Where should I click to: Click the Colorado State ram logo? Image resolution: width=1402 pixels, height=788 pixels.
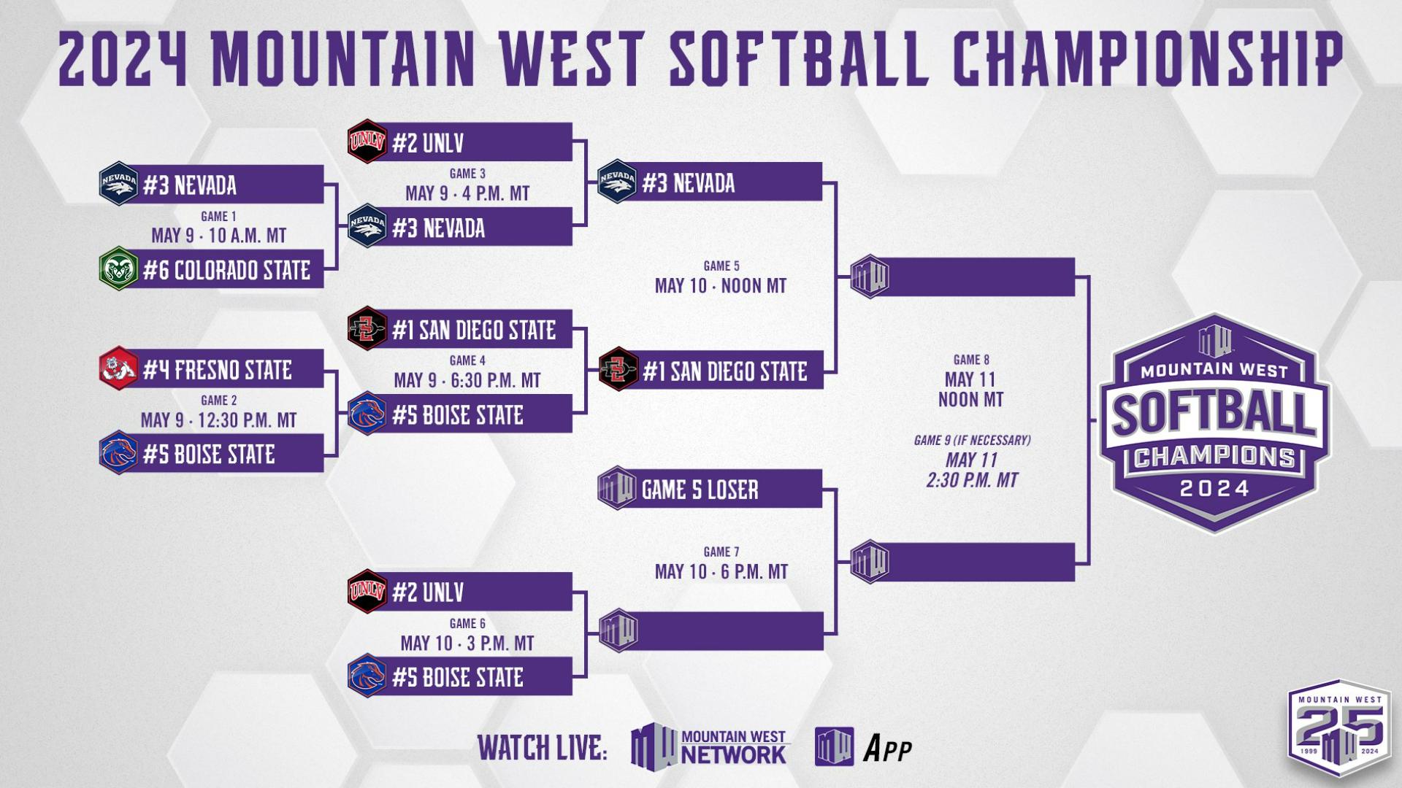pyautogui.click(x=118, y=270)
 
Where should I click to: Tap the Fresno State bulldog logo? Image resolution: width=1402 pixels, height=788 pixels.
pyautogui.click(x=118, y=369)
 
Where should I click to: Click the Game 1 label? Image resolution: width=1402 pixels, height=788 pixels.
pyautogui.click(x=218, y=216)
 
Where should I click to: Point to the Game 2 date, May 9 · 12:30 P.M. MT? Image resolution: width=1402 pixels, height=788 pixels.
pyautogui.click(x=218, y=420)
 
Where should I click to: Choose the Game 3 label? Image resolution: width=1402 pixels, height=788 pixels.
pyautogui.click(x=467, y=174)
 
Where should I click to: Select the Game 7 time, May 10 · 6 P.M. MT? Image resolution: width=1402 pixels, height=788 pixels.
pyautogui.click(x=721, y=571)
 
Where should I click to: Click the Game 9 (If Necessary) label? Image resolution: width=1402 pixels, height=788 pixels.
pyautogui.click(x=972, y=440)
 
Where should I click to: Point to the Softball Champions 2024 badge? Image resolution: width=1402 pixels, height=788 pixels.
pyautogui.click(x=1214, y=423)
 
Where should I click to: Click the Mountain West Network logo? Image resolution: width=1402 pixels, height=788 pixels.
pyautogui.click(x=708, y=746)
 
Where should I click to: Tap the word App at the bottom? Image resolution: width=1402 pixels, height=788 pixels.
pyautogui.click(x=887, y=749)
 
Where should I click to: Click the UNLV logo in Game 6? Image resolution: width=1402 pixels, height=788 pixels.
pyautogui.click(x=367, y=591)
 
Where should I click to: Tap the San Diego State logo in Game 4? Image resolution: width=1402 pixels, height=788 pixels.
pyautogui.click(x=367, y=329)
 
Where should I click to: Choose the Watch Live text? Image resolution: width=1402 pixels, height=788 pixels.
pyautogui.click(x=542, y=749)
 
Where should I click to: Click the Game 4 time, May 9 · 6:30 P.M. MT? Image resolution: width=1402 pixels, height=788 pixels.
pyautogui.click(x=467, y=380)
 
